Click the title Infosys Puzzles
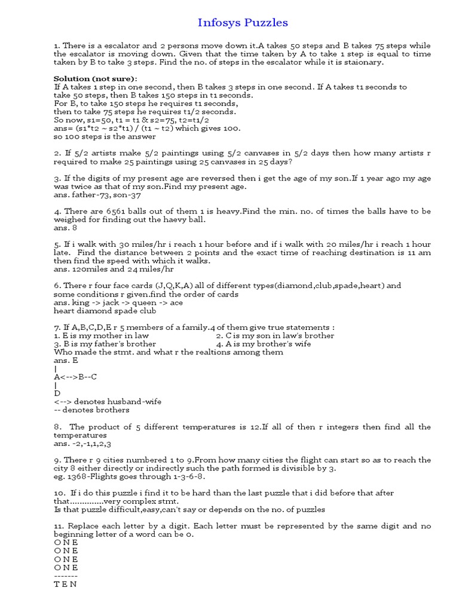click(243, 23)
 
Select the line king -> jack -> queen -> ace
click(118, 302)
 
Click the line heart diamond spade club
click(105, 311)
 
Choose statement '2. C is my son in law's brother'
click(275, 336)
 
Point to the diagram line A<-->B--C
click(75, 377)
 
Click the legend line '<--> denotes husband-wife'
click(108, 402)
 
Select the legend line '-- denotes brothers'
click(91, 410)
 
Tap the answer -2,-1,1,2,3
click(82, 444)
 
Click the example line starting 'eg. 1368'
click(130, 477)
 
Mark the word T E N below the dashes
click(65, 585)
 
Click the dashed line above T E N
click(66, 576)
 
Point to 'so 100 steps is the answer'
click(105, 136)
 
